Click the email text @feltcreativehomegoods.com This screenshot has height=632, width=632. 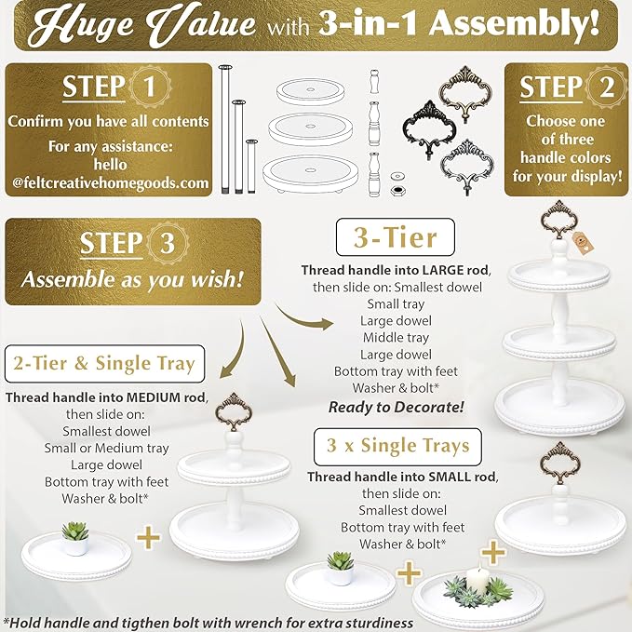click(x=111, y=182)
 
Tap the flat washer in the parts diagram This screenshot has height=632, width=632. click(x=399, y=174)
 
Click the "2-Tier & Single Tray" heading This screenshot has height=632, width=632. click(x=103, y=363)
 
